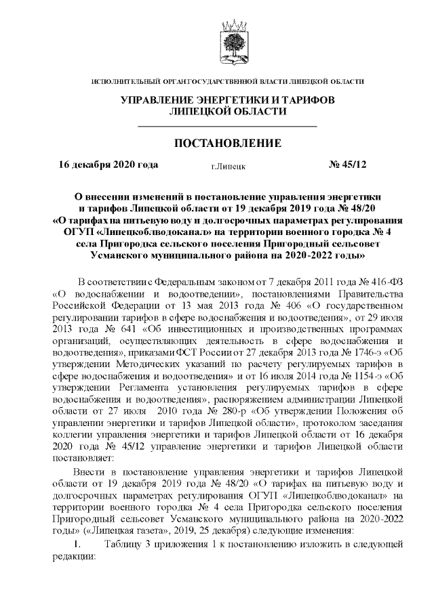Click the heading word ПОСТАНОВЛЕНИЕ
pos(227,144)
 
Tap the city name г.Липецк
pos(228,165)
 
